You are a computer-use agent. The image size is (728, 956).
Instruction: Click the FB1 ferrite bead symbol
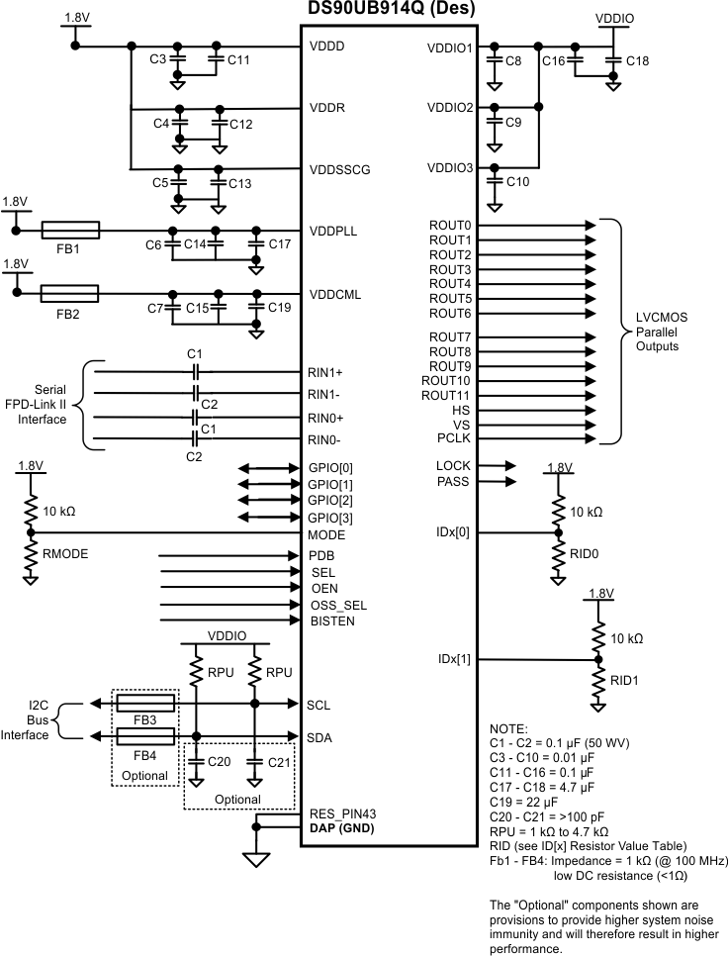(69, 231)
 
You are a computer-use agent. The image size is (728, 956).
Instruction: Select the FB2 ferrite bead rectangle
(69, 293)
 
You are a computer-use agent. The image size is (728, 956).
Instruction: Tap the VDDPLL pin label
(333, 232)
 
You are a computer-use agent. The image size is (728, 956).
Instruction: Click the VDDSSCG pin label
(339, 169)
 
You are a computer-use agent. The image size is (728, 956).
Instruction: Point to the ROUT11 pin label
(445, 395)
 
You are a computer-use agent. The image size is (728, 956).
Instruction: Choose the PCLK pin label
(453, 437)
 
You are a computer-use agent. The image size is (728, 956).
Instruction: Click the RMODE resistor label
(66, 554)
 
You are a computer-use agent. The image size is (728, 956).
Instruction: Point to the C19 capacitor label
(279, 308)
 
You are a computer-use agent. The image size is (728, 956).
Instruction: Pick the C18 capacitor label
(638, 61)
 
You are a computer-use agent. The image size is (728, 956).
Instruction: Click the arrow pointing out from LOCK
(498, 465)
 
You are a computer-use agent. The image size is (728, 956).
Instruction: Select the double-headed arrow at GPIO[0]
(268, 468)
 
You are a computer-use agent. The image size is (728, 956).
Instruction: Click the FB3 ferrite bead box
(146, 703)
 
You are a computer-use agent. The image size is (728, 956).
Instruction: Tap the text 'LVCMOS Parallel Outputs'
(657, 333)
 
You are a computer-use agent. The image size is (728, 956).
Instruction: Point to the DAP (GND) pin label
(341, 827)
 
